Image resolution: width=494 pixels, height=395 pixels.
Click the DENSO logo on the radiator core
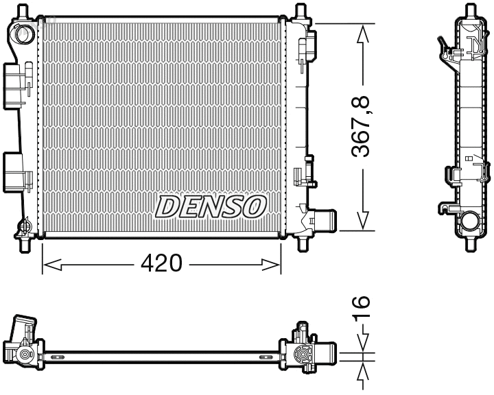click(211, 206)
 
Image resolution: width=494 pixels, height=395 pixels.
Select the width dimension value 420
click(163, 263)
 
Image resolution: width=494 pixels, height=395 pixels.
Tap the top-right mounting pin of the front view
click(300, 12)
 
